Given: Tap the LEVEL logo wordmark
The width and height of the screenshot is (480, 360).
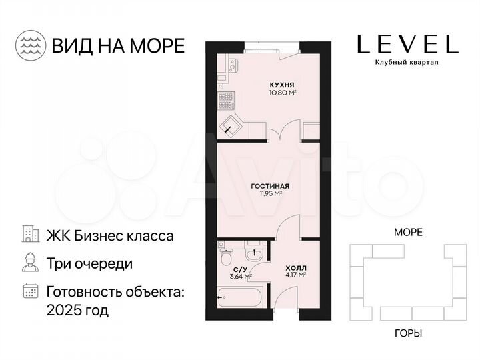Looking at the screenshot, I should (407, 45).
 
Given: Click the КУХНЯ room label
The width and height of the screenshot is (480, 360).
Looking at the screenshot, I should (283, 85).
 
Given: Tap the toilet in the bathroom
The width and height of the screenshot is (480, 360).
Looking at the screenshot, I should (227, 257).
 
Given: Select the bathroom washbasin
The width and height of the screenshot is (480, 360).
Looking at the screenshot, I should (254, 254).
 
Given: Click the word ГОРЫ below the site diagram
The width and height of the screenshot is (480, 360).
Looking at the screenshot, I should (408, 333).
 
